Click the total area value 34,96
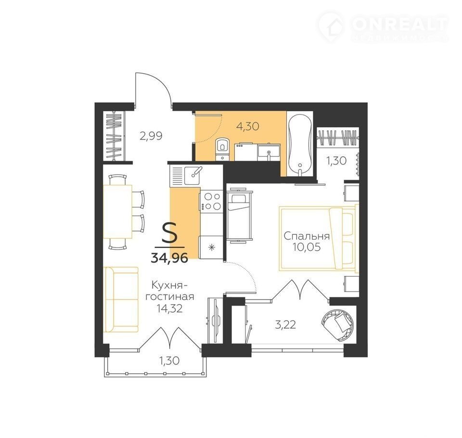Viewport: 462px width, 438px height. tap(169, 258)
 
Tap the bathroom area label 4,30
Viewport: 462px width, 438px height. tap(248, 127)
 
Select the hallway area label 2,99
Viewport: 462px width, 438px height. tap(151, 136)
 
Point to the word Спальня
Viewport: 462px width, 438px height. tap(307, 236)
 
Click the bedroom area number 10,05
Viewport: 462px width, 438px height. tap(307, 247)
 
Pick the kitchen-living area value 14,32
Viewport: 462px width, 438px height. tap(170, 309)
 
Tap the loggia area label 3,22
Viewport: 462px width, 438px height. tap(285, 325)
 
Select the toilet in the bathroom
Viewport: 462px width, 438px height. tap(221, 149)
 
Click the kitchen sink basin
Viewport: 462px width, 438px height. tap(192, 176)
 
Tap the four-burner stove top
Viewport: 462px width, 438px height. tap(212, 201)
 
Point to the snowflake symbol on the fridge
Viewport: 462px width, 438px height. tap(211, 248)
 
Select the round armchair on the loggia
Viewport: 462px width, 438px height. tap(336, 325)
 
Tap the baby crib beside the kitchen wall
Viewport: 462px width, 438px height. tap(240, 216)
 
